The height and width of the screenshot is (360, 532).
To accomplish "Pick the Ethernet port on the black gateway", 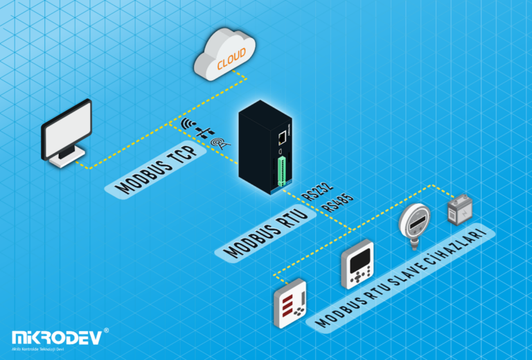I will [283, 136].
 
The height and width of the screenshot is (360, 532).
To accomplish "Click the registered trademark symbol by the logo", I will [106, 331].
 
